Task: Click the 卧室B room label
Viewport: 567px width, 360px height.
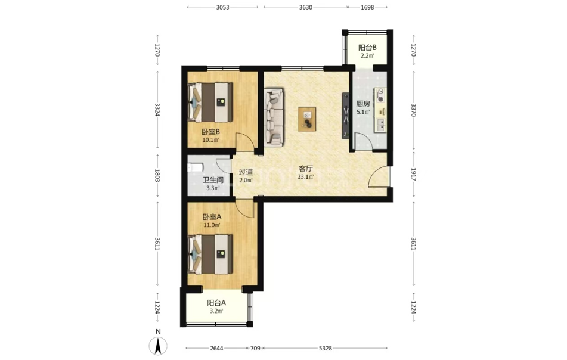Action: pos(211,132)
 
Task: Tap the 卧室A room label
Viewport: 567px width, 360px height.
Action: pos(212,217)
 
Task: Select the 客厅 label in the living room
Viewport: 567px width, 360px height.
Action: pos(305,169)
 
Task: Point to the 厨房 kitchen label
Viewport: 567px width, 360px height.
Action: pos(363,104)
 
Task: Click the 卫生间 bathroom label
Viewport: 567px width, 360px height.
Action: pos(213,179)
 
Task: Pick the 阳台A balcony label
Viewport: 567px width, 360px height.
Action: pos(216,303)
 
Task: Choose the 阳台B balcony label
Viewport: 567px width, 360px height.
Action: pos(367,47)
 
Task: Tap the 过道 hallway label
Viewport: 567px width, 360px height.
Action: pos(246,172)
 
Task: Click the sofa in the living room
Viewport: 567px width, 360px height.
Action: pos(274,117)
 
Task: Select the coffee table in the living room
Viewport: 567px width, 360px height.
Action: pos(308,119)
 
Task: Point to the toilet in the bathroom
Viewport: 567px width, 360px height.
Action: pos(196,167)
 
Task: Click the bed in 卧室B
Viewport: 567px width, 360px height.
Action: pos(210,103)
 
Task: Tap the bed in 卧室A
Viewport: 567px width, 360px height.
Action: pos(210,254)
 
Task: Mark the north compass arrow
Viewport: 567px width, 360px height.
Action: pos(158,346)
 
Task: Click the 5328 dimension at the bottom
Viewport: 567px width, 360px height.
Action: pos(326,349)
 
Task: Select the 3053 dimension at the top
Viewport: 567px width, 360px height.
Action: pos(223,7)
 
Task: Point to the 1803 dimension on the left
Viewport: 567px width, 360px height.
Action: pos(157,175)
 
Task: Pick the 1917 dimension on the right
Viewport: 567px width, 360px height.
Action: pos(414,174)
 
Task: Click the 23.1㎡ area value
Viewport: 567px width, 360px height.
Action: pos(305,177)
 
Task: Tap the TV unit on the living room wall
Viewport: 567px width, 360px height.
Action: pos(346,116)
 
